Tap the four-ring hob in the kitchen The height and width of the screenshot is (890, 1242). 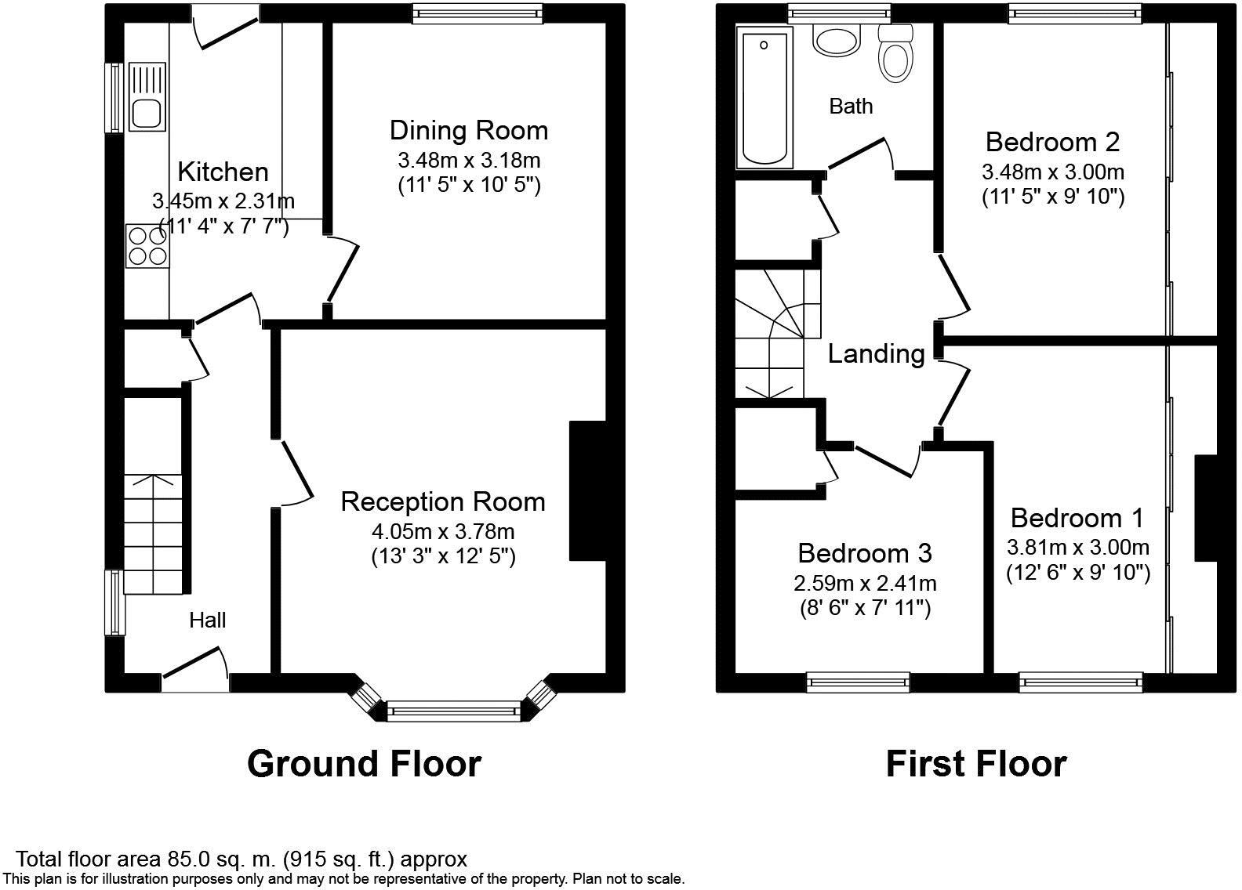point(147,246)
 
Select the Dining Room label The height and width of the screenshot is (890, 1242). point(469,130)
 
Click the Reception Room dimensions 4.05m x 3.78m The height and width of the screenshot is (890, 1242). point(443,532)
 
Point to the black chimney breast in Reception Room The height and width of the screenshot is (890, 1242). point(587,491)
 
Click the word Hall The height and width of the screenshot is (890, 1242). point(208,620)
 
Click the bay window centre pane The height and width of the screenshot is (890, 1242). point(454,711)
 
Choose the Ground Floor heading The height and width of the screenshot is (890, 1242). point(364,763)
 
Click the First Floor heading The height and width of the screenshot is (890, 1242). point(976,763)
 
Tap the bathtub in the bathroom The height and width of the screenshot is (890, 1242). point(764,97)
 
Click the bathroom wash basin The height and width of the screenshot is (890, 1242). point(837,40)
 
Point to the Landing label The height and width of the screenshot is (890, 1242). point(877,354)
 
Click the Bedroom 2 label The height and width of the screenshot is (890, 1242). point(1052,142)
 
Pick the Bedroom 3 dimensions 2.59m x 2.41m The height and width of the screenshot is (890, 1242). point(865,583)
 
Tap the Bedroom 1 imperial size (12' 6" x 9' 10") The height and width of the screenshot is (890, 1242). point(1078,573)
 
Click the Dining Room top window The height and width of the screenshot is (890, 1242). point(477,12)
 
